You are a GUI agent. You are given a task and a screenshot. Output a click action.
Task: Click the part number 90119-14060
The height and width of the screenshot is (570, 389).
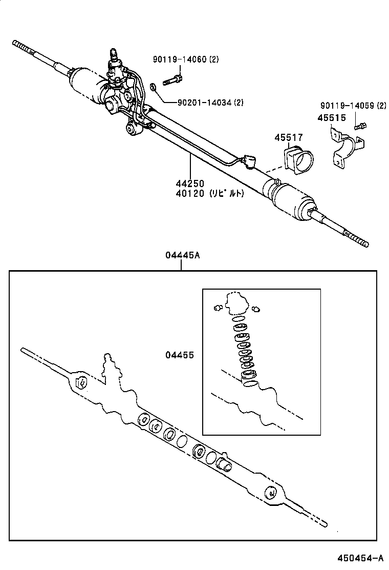179,59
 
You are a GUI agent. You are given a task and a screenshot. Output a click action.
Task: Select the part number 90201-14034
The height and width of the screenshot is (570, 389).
204,103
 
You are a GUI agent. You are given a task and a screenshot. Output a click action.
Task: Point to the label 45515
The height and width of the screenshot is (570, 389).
331,118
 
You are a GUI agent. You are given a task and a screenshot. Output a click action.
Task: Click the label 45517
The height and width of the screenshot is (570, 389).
288,137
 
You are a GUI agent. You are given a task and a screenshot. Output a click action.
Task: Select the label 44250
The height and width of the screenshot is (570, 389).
190,184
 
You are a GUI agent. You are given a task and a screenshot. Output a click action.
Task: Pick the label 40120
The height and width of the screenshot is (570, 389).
190,193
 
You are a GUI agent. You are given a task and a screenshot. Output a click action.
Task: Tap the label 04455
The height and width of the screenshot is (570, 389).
179,355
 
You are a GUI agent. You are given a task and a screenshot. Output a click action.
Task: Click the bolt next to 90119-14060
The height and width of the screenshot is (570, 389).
172,80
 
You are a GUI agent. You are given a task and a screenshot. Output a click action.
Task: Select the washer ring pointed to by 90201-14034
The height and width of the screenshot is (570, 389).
154,87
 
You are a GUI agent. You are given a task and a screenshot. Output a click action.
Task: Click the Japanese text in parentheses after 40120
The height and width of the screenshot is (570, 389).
226,193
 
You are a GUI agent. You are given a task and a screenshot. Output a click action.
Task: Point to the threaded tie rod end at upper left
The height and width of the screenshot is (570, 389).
23,47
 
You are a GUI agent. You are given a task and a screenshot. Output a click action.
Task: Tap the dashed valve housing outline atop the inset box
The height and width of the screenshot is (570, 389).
236,303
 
